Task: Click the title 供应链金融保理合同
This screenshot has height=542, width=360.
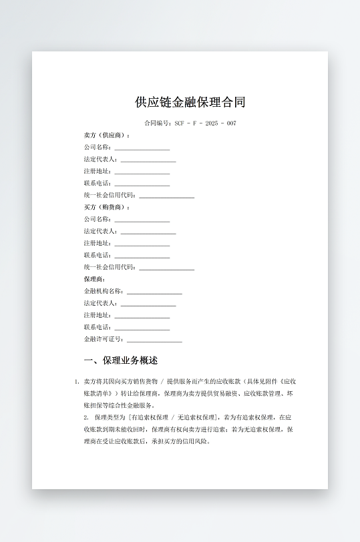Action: pyautogui.click(x=190, y=102)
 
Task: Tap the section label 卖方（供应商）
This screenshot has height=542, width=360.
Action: pyautogui.click(x=107, y=135)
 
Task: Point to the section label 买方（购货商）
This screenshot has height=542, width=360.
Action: pyautogui.click(x=107, y=208)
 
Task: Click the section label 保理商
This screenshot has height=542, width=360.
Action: pyautogui.click(x=95, y=279)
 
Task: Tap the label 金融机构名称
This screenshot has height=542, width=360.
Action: pyautogui.click(x=104, y=292)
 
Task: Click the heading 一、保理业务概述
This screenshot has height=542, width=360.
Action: pyautogui.click(x=121, y=360)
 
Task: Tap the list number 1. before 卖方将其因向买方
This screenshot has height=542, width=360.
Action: pyautogui.click(x=76, y=381)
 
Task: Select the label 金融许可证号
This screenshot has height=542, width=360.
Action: pyautogui.click(x=104, y=340)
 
